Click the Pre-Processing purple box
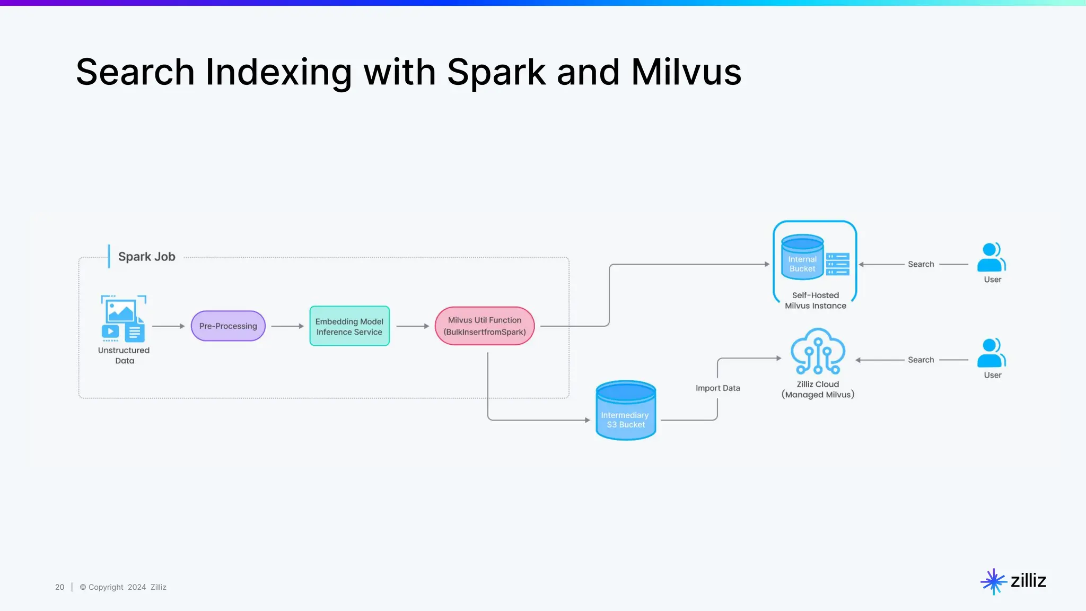tap(228, 326)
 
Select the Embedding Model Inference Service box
tap(349, 326)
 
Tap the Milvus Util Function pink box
tap(485, 326)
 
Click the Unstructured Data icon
tap(123, 318)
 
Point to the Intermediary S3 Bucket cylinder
tap(626, 411)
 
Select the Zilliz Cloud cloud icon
tap(818, 351)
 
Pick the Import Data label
tap(717, 388)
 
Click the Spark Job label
tap(146, 257)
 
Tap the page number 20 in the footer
tap(59, 587)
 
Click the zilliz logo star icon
tap(993, 581)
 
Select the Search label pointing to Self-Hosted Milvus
tap(921, 264)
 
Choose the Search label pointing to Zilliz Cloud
tap(921, 360)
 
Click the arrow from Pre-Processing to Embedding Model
tap(287, 326)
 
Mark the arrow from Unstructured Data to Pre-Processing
tap(168, 326)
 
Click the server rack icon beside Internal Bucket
tap(838, 264)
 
